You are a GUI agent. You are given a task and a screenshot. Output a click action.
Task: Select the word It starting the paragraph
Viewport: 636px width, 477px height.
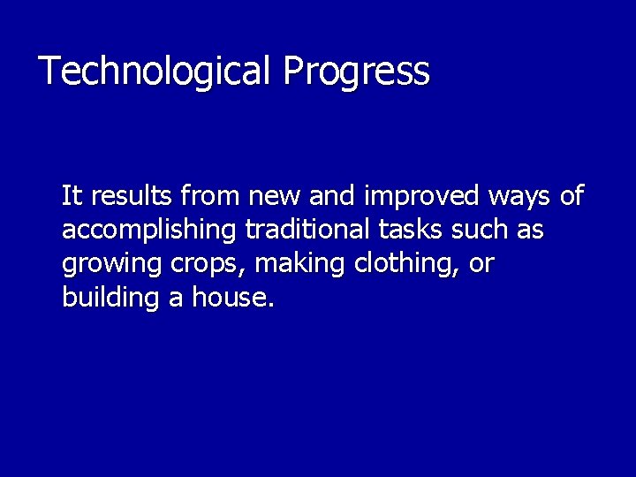[x=71, y=195]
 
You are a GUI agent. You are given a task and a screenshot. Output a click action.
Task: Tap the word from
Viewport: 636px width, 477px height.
[x=210, y=195]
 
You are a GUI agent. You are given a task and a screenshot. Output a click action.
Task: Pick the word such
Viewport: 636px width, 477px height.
[x=480, y=230]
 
